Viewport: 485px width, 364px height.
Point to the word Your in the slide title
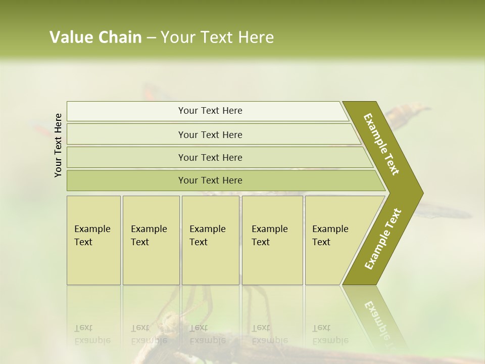click(177, 37)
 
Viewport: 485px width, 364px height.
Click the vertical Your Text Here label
click(58, 145)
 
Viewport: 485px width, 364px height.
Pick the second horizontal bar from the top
click(210, 134)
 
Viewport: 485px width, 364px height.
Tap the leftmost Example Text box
click(93, 240)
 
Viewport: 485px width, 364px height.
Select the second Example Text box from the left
click(151, 240)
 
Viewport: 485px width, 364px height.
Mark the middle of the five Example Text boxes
click(210, 240)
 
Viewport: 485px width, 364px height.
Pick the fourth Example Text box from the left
click(272, 240)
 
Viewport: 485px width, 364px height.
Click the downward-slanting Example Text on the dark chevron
click(381, 144)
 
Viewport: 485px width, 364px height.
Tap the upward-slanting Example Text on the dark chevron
click(383, 239)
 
